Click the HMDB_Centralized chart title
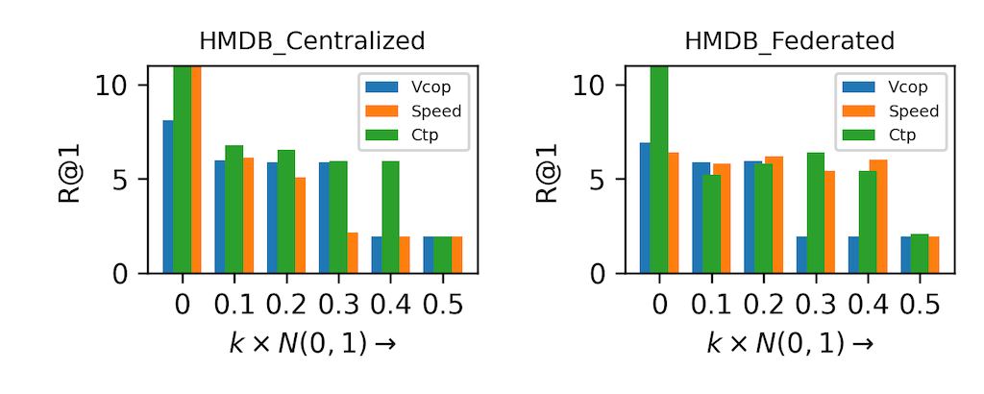coord(311,41)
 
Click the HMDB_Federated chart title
coord(789,41)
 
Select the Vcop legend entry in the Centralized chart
coord(403,86)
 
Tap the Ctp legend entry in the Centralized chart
coord(403,135)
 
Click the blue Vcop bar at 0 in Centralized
coord(168,196)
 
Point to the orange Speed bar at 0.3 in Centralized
coord(353,253)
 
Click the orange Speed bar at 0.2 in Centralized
coord(300,225)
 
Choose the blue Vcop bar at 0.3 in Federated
coord(801,255)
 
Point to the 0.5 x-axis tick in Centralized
coord(442,306)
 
